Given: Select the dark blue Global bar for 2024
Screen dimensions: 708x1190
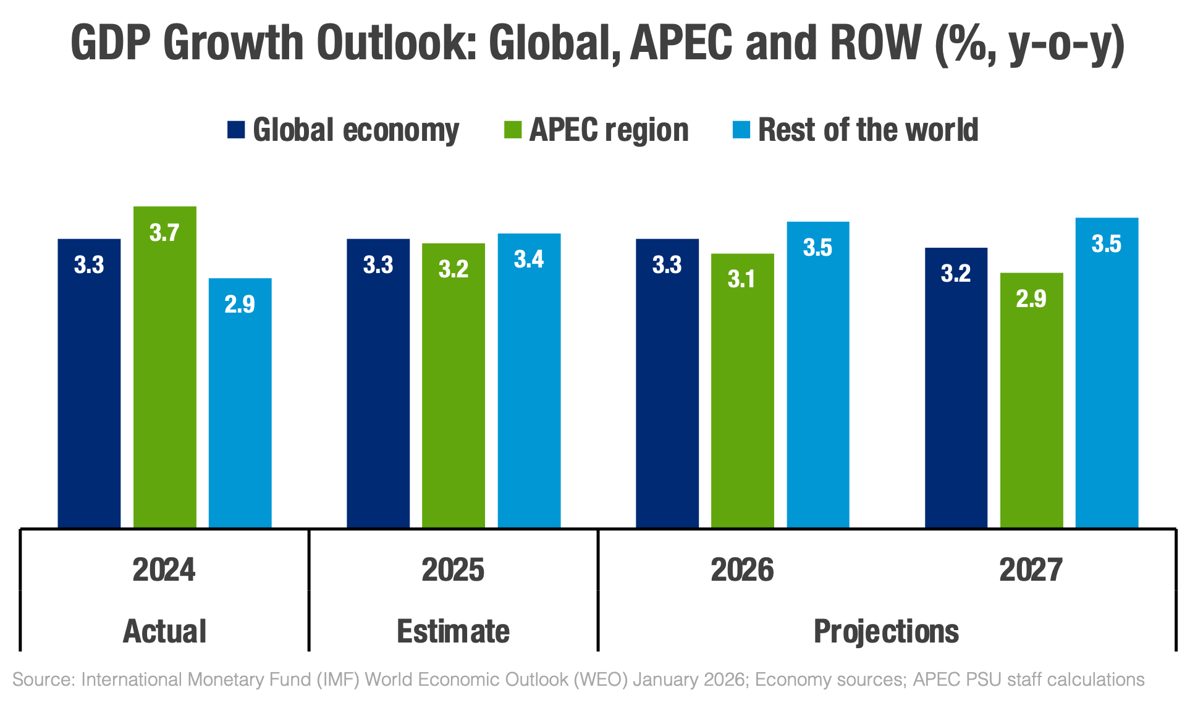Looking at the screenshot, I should [x=89, y=383].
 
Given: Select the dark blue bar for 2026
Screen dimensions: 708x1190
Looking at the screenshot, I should [x=667, y=383].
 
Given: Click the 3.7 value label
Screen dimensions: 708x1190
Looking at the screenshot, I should [x=164, y=233].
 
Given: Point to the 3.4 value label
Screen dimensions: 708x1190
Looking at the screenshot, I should [x=529, y=259].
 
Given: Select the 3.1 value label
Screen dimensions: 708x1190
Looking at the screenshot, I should [x=741, y=279].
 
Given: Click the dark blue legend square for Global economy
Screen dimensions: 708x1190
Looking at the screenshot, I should [x=236, y=130].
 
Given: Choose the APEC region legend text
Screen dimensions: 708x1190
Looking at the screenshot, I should [x=609, y=130].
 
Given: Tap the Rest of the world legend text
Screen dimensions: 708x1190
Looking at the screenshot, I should [x=868, y=130].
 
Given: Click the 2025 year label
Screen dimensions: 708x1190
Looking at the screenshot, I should [x=453, y=570].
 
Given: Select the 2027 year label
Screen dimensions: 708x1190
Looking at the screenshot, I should [x=1031, y=570].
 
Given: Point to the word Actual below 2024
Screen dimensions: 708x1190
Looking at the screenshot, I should [x=164, y=631].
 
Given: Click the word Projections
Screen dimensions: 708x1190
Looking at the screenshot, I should [x=886, y=631].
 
